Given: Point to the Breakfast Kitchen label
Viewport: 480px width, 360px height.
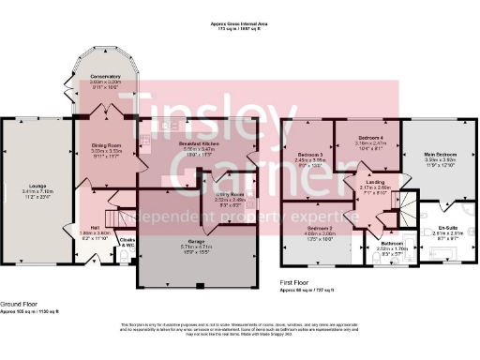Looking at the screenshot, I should pos(173,142).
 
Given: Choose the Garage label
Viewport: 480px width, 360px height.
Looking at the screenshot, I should pos(197,242).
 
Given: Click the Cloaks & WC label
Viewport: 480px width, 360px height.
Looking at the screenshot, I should pos(127,240).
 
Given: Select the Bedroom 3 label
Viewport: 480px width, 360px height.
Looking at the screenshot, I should pos(309,155).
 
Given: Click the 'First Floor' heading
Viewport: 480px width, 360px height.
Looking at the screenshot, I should pos(297,281).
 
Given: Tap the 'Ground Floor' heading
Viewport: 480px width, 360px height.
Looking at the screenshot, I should pos(19,304).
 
